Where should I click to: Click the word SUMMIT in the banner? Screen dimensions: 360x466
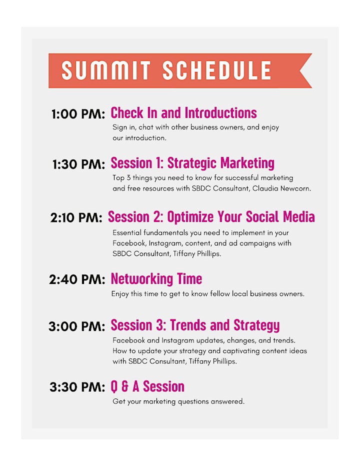(x=106, y=70)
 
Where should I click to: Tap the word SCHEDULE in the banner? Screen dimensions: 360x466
(x=216, y=70)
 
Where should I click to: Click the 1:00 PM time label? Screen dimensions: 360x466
(x=78, y=114)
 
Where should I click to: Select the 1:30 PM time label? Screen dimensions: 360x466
(x=79, y=164)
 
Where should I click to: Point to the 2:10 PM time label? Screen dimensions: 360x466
(x=76, y=218)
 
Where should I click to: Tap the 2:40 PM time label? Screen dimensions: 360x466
(x=77, y=279)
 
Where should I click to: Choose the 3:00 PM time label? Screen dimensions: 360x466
(x=77, y=326)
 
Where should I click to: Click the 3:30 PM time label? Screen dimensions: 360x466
(x=77, y=387)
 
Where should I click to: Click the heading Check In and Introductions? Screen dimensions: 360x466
(x=183, y=113)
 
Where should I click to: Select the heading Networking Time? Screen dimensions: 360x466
(x=156, y=279)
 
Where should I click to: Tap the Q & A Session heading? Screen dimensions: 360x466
(x=147, y=386)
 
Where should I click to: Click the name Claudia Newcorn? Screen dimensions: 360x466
(x=281, y=188)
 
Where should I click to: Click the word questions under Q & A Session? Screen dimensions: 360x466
(x=193, y=402)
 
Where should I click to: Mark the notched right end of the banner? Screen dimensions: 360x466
(x=299, y=70)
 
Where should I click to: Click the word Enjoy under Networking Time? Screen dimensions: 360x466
(x=120, y=294)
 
